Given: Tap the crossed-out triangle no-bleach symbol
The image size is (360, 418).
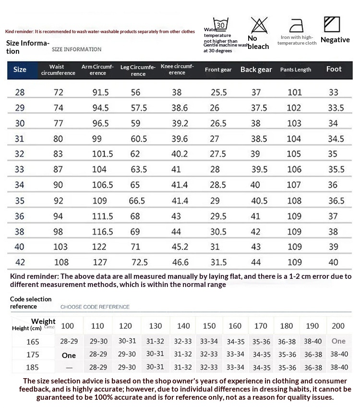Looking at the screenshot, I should (259, 24).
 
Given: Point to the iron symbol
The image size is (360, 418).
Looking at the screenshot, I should (297, 24).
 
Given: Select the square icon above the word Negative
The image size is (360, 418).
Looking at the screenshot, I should (332, 24).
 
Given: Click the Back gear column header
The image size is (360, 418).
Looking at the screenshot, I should (256, 70).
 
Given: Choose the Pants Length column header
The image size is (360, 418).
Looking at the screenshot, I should (296, 70).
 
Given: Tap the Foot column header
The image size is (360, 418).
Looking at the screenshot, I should (334, 69).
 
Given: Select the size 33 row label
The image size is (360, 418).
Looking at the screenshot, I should (19, 169).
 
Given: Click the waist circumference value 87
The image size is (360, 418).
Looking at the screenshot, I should (58, 169).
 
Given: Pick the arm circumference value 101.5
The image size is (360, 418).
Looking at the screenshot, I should (103, 154).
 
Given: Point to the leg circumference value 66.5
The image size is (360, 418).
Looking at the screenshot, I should (137, 201).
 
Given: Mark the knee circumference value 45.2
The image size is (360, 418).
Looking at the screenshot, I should (180, 247).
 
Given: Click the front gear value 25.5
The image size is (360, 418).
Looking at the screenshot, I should (218, 92).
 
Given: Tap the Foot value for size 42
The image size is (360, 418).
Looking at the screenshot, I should (333, 262).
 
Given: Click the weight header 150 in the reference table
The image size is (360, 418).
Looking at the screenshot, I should (209, 326).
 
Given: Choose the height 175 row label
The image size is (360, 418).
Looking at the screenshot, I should (33, 355).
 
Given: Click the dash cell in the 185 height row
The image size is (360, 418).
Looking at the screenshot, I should (69, 368).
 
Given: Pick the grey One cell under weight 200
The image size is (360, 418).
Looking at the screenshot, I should (338, 341).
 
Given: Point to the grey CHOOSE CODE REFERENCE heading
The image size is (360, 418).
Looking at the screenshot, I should (95, 307).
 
